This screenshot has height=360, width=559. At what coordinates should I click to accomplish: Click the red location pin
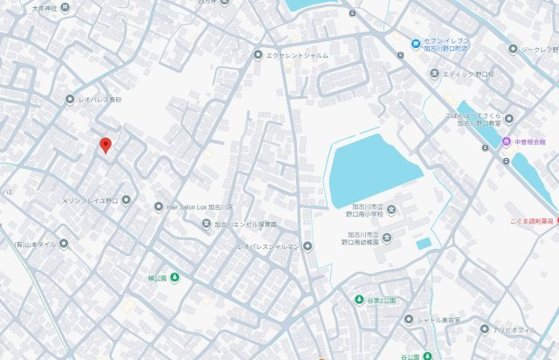(106, 145)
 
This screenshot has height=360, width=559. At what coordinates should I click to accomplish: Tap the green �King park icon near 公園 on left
(175, 278)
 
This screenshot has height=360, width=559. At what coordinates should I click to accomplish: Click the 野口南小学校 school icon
(391, 209)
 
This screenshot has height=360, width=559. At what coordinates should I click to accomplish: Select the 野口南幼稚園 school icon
(388, 238)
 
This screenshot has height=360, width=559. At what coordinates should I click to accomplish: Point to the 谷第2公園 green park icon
(358, 301)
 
